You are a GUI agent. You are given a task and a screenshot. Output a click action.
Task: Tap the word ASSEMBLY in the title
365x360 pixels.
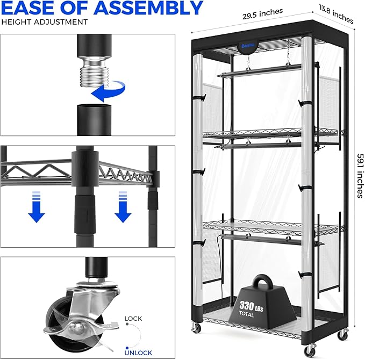[x=149, y=8]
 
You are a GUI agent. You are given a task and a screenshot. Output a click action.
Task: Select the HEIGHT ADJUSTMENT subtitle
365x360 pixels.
[x=45, y=22]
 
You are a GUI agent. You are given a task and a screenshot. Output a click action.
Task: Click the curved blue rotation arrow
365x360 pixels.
[x=109, y=91]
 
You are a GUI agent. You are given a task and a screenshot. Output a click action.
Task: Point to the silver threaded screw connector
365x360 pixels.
[x=94, y=71]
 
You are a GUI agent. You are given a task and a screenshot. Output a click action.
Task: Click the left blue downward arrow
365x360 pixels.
[x=37, y=207]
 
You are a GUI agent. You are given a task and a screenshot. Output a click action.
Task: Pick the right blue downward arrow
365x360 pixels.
[x=123, y=207]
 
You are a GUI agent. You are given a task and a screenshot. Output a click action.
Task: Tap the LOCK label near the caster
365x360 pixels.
[x=133, y=318]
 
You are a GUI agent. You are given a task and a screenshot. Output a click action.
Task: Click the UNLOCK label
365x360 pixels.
[x=138, y=353]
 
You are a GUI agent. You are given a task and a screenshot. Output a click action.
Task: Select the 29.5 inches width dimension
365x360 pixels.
[x=262, y=14]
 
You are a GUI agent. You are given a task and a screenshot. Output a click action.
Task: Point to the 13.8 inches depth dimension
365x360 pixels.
[x=336, y=15]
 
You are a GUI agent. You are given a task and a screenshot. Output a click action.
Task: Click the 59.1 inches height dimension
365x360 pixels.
[x=360, y=176]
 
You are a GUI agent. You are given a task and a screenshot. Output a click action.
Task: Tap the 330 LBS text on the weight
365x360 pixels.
[x=251, y=306]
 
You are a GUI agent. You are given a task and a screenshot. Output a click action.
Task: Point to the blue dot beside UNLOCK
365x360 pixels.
[x=127, y=348]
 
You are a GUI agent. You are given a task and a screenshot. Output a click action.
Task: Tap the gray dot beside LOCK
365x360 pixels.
[x=127, y=324]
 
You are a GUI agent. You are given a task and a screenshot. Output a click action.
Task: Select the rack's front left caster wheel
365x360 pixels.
[x=196, y=328]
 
